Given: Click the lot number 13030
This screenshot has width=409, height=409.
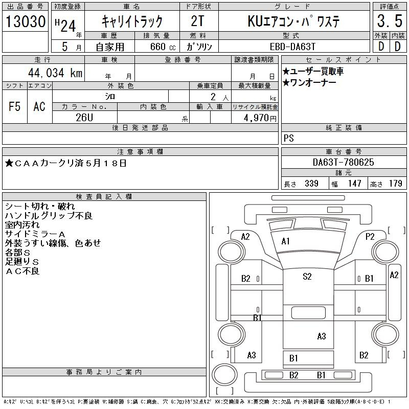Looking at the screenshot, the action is [x=26, y=21].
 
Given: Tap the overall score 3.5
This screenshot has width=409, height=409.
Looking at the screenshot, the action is [x=390, y=21].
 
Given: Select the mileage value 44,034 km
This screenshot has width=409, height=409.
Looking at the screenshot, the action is [x=55, y=73].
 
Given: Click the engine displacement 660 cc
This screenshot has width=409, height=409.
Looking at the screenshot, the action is [x=163, y=47].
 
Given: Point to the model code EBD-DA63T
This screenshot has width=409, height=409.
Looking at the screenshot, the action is [x=292, y=47].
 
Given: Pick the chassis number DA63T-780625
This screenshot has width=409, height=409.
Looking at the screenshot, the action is [x=343, y=162].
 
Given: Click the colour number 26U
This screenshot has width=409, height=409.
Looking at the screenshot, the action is [x=84, y=118].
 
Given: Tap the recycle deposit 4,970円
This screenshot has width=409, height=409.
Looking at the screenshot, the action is [x=260, y=118].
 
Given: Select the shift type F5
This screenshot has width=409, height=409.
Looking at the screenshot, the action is [x=14, y=106].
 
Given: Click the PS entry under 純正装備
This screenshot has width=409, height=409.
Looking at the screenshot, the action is [x=288, y=138].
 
